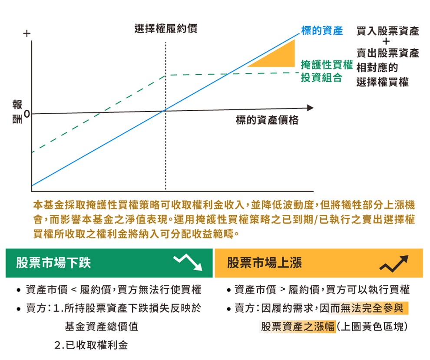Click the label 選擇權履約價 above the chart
pos(166,29)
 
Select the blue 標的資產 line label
pos(322,30)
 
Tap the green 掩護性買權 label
pos(327,65)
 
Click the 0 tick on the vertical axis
pos(26,113)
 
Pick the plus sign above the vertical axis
pos(27,33)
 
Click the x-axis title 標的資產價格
pos(267,120)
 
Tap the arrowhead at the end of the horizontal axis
pos(310,108)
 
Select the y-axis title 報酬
pos(17,112)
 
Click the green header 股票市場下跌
pos(53,263)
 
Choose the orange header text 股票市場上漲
pos(265,263)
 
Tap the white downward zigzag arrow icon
pos(188,262)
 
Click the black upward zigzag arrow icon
pos(394,264)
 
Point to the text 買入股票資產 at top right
pos(388,31)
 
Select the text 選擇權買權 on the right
pos(383,82)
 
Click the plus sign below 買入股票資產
pos(386,41)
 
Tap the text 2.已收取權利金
pos(91,345)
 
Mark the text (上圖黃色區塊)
pos(372,327)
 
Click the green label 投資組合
pos(321,78)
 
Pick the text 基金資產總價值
pos(102,327)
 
